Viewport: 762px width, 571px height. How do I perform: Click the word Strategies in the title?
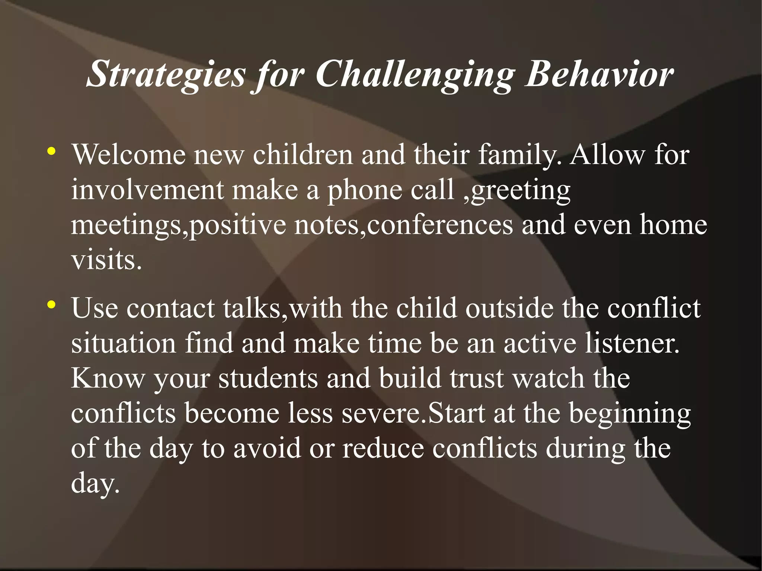click(x=166, y=74)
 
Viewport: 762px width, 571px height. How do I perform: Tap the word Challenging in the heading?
click(x=414, y=74)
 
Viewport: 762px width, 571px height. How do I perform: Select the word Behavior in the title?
click(x=599, y=74)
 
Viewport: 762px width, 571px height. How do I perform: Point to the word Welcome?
click(x=128, y=154)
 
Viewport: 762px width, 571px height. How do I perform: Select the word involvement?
click(x=147, y=189)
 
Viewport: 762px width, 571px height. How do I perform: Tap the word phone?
click(x=364, y=189)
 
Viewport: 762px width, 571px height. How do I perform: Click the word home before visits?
click(x=673, y=224)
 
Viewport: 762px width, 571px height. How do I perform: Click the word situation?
click(x=123, y=343)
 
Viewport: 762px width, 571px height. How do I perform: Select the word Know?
click(x=108, y=378)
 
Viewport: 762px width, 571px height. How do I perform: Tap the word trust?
click(x=476, y=378)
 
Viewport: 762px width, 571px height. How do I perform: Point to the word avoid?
click(x=267, y=448)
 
